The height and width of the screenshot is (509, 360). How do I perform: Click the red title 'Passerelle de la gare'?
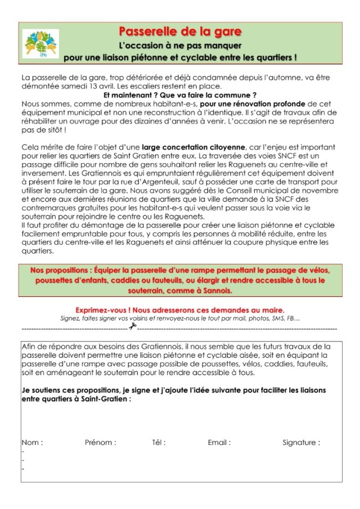[180, 31]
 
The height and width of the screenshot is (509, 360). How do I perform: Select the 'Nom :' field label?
[32, 442]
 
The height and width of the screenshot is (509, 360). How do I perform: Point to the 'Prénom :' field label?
[100, 442]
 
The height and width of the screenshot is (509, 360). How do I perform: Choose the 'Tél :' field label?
[159, 442]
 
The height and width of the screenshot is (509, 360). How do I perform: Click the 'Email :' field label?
[219, 442]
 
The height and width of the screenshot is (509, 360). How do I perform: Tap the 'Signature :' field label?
[301, 442]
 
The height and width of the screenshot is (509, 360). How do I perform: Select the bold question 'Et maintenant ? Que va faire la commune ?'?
[180, 95]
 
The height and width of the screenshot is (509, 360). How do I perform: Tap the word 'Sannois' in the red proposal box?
[215, 290]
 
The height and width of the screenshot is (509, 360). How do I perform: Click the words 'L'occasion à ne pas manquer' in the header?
[180, 44]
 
